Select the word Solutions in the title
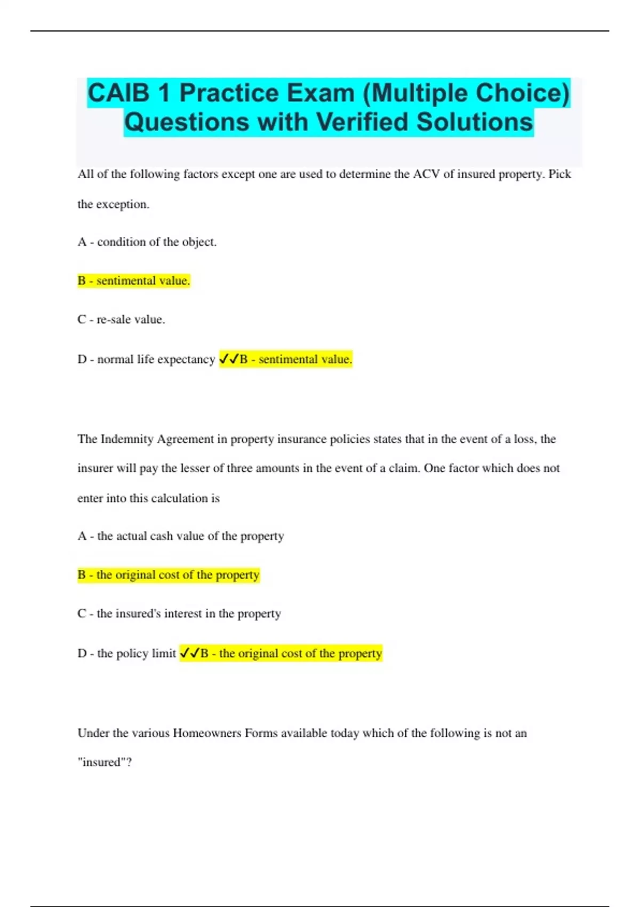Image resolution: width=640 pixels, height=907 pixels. coord(475,122)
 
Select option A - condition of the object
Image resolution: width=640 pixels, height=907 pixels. coord(147,242)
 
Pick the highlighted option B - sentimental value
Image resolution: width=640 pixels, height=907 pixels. coord(134,281)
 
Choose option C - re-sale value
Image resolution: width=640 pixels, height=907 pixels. coord(122,320)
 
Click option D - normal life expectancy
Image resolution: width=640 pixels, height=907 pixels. coord(146,359)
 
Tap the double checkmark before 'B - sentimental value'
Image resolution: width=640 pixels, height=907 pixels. coord(229,359)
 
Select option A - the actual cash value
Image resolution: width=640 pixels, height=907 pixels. coord(181,536)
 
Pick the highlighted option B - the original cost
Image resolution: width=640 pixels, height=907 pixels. coord(169,575)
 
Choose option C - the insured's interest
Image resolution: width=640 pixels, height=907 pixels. coord(179,614)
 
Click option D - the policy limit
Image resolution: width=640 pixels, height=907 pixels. coord(127,653)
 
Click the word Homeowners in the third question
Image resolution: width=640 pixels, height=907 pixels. coord(207,733)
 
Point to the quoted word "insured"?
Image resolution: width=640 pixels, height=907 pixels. coord(105,762)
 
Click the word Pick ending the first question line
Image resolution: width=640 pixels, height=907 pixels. coord(559,174)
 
